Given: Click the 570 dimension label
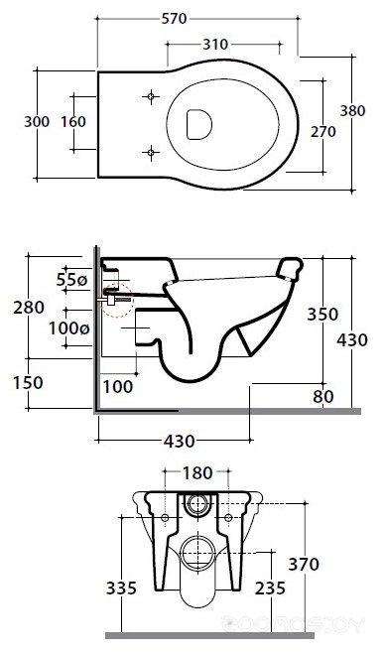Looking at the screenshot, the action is (x=174, y=19).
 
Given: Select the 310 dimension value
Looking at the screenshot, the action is (x=215, y=44).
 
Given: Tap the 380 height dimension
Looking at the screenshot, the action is (x=352, y=111).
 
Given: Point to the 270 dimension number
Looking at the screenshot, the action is (x=323, y=132).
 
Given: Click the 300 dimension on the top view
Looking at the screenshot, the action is (x=37, y=121).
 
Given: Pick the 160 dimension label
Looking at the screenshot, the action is (x=73, y=121).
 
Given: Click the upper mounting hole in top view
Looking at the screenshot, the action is (x=151, y=97).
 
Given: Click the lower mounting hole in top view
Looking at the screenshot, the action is (x=151, y=152).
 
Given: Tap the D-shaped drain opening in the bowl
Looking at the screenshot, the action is (x=199, y=124).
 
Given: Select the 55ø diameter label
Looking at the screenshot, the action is (x=71, y=280).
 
